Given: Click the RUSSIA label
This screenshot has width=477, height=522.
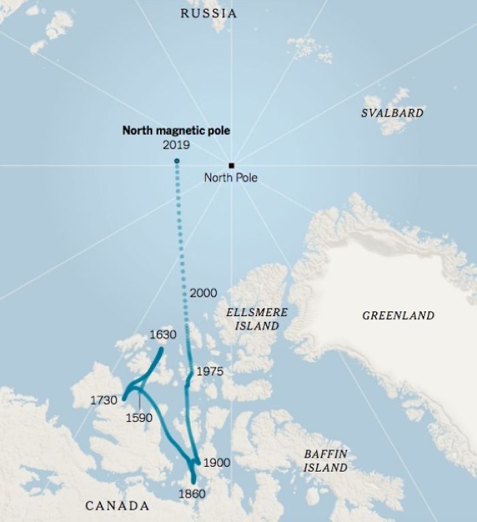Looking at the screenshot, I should tap(209, 14).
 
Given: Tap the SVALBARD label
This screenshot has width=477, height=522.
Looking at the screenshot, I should tap(393, 112).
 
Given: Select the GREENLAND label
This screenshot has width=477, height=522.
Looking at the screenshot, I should tap(398, 316).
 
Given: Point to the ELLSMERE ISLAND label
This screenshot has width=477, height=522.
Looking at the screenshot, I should tap(256, 319).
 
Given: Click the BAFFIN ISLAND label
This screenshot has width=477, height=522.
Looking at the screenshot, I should tap(325, 461).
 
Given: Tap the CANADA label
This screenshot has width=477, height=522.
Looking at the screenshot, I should tap(117, 506).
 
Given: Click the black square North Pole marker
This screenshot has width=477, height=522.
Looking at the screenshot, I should tap(232, 165).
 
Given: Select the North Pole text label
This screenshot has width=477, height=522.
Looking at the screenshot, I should tap(231, 178).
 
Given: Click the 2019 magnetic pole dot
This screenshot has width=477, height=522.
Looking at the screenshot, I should tap(176, 161).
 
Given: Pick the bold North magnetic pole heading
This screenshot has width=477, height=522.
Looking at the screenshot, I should tap(176, 130).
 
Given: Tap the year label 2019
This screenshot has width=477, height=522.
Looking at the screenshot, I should tap(176, 144).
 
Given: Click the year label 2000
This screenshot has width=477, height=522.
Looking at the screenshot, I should tap(203, 293).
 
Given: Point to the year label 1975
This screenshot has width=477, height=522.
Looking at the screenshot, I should tap(210, 372).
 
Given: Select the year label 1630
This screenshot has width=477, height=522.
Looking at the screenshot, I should tap(163, 335).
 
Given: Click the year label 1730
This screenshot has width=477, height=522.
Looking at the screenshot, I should tap(104, 400).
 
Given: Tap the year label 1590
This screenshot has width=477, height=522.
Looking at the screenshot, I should tap(139, 418).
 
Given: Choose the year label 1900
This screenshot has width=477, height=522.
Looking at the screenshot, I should tap(217, 463).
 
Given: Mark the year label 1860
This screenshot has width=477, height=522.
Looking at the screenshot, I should tap(191, 493).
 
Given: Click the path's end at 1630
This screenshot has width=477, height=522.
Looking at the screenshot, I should tap(161, 350).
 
